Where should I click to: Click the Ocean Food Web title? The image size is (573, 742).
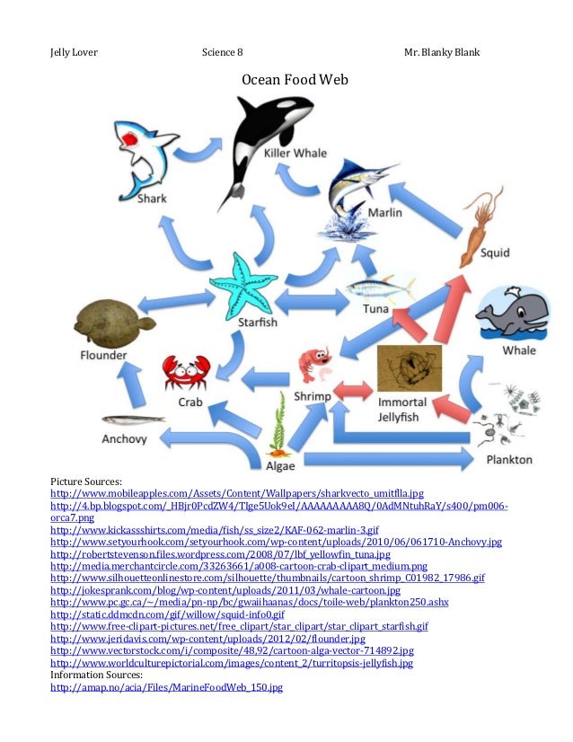[294, 81]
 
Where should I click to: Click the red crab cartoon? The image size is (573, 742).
[185, 372]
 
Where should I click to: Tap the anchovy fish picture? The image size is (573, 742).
[133, 419]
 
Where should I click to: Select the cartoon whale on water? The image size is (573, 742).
[511, 313]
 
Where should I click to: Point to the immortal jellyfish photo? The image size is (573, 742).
[409, 367]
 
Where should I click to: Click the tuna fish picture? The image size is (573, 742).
[381, 287]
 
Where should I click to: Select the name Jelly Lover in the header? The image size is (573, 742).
[74, 52]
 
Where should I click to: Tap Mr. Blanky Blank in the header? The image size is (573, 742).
[441, 52]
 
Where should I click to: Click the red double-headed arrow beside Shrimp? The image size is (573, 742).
[353, 390]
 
